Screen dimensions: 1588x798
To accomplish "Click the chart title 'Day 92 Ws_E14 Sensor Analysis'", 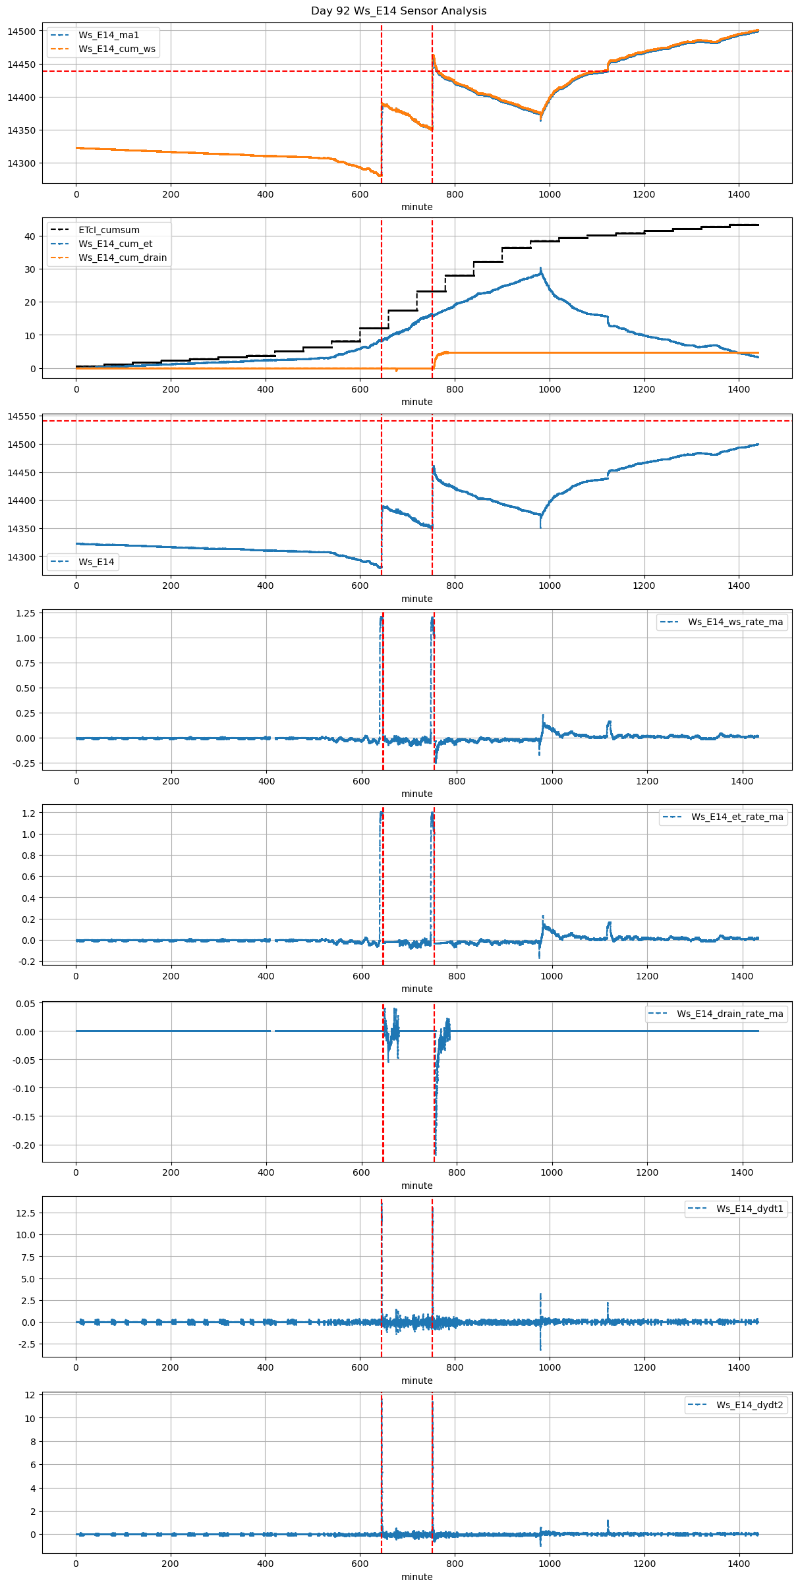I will pyautogui.click(x=399, y=11).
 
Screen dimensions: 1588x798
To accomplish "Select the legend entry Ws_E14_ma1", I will pyautogui.click(x=109, y=35).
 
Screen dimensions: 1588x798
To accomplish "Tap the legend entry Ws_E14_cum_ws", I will pyautogui.click(x=117, y=49).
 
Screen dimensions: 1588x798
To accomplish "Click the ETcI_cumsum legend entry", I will pyautogui.click(x=109, y=230).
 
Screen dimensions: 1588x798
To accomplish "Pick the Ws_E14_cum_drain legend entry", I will pyautogui.click(x=123, y=258).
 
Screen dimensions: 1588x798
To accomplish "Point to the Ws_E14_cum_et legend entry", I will pyautogui.click(x=115, y=244).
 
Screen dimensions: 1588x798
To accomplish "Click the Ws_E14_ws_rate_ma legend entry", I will pyautogui.click(x=735, y=622).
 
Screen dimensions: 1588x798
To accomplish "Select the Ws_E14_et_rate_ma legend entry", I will pyautogui.click(x=737, y=817).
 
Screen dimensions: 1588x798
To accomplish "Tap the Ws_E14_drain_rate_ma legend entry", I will pyautogui.click(x=730, y=1014).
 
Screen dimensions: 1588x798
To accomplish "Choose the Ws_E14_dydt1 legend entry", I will pyautogui.click(x=750, y=1209).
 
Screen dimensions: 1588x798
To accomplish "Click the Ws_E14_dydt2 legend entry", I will pyautogui.click(x=750, y=1405).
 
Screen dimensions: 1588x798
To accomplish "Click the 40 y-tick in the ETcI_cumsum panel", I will pyautogui.click(x=30, y=236).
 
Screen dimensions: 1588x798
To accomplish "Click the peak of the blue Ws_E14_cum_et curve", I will pyautogui.click(x=540, y=268).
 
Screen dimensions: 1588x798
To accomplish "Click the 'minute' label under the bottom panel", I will pyautogui.click(x=417, y=1577).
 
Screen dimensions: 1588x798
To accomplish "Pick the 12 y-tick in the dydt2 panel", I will pyautogui.click(x=30, y=1395).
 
